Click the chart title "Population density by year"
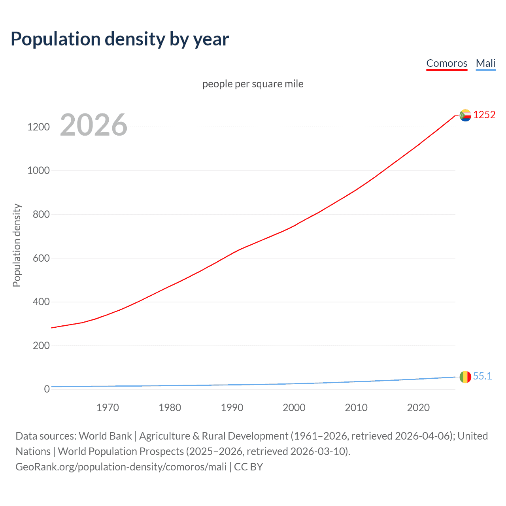120,39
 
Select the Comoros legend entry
447,63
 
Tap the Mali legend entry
485,63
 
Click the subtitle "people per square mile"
253,84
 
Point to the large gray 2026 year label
94,125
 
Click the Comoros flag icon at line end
465,115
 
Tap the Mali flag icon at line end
465,377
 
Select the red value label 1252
484,115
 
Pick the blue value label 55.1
482,376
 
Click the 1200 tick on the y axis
38,127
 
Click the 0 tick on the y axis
47,389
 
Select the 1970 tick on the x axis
108,408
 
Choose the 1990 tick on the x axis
232,408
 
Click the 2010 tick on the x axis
356,408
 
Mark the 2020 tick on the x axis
418,408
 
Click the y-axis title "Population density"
17,245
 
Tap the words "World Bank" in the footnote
105,436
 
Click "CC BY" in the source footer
248,467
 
